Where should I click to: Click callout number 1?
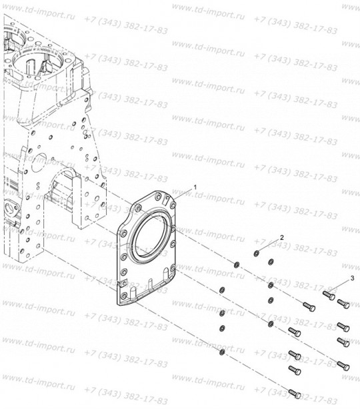pos(195,187)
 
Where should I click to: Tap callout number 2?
pos(282,237)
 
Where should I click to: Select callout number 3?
pos(352,278)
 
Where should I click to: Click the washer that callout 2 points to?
pos(257,253)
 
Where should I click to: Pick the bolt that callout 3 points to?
pos(329,295)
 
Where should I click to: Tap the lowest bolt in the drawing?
pos(295,394)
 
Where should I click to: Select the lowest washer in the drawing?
pos(222,352)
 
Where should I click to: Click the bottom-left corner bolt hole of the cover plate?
pos(124,296)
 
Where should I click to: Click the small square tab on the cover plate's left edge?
pos(123,282)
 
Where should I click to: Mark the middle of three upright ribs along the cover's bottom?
pos(150,285)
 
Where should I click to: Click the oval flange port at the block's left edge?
pos(11,210)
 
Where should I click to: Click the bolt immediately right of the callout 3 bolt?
pos(343,304)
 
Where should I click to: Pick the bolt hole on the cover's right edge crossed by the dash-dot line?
pos(173,228)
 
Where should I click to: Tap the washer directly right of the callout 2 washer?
pos(271,261)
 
